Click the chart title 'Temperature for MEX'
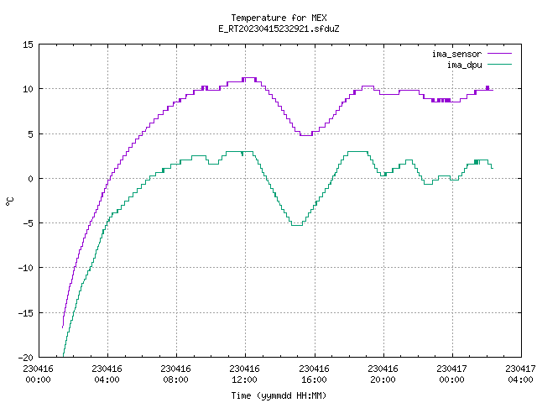(279, 18)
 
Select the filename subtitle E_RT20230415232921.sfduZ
(279, 29)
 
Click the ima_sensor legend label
(456, 54)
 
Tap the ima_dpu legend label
(465, 65)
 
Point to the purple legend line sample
(500, 54)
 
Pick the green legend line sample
(500, 64)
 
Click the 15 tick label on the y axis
(28, 44)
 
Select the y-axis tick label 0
(31, 179)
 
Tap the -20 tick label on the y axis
(25, 358)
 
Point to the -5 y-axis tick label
(28, 223)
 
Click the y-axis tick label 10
(28, 89)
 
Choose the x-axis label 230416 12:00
(245, 374)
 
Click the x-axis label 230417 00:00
(452, 374)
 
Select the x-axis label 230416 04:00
(107, 374)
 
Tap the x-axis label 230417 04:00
(520, 374)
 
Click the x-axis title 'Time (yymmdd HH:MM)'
(279, 395)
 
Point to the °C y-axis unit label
(10, 201)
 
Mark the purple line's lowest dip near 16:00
(305, 135)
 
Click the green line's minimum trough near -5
(297, 225)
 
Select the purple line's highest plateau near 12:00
(250, 78)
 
